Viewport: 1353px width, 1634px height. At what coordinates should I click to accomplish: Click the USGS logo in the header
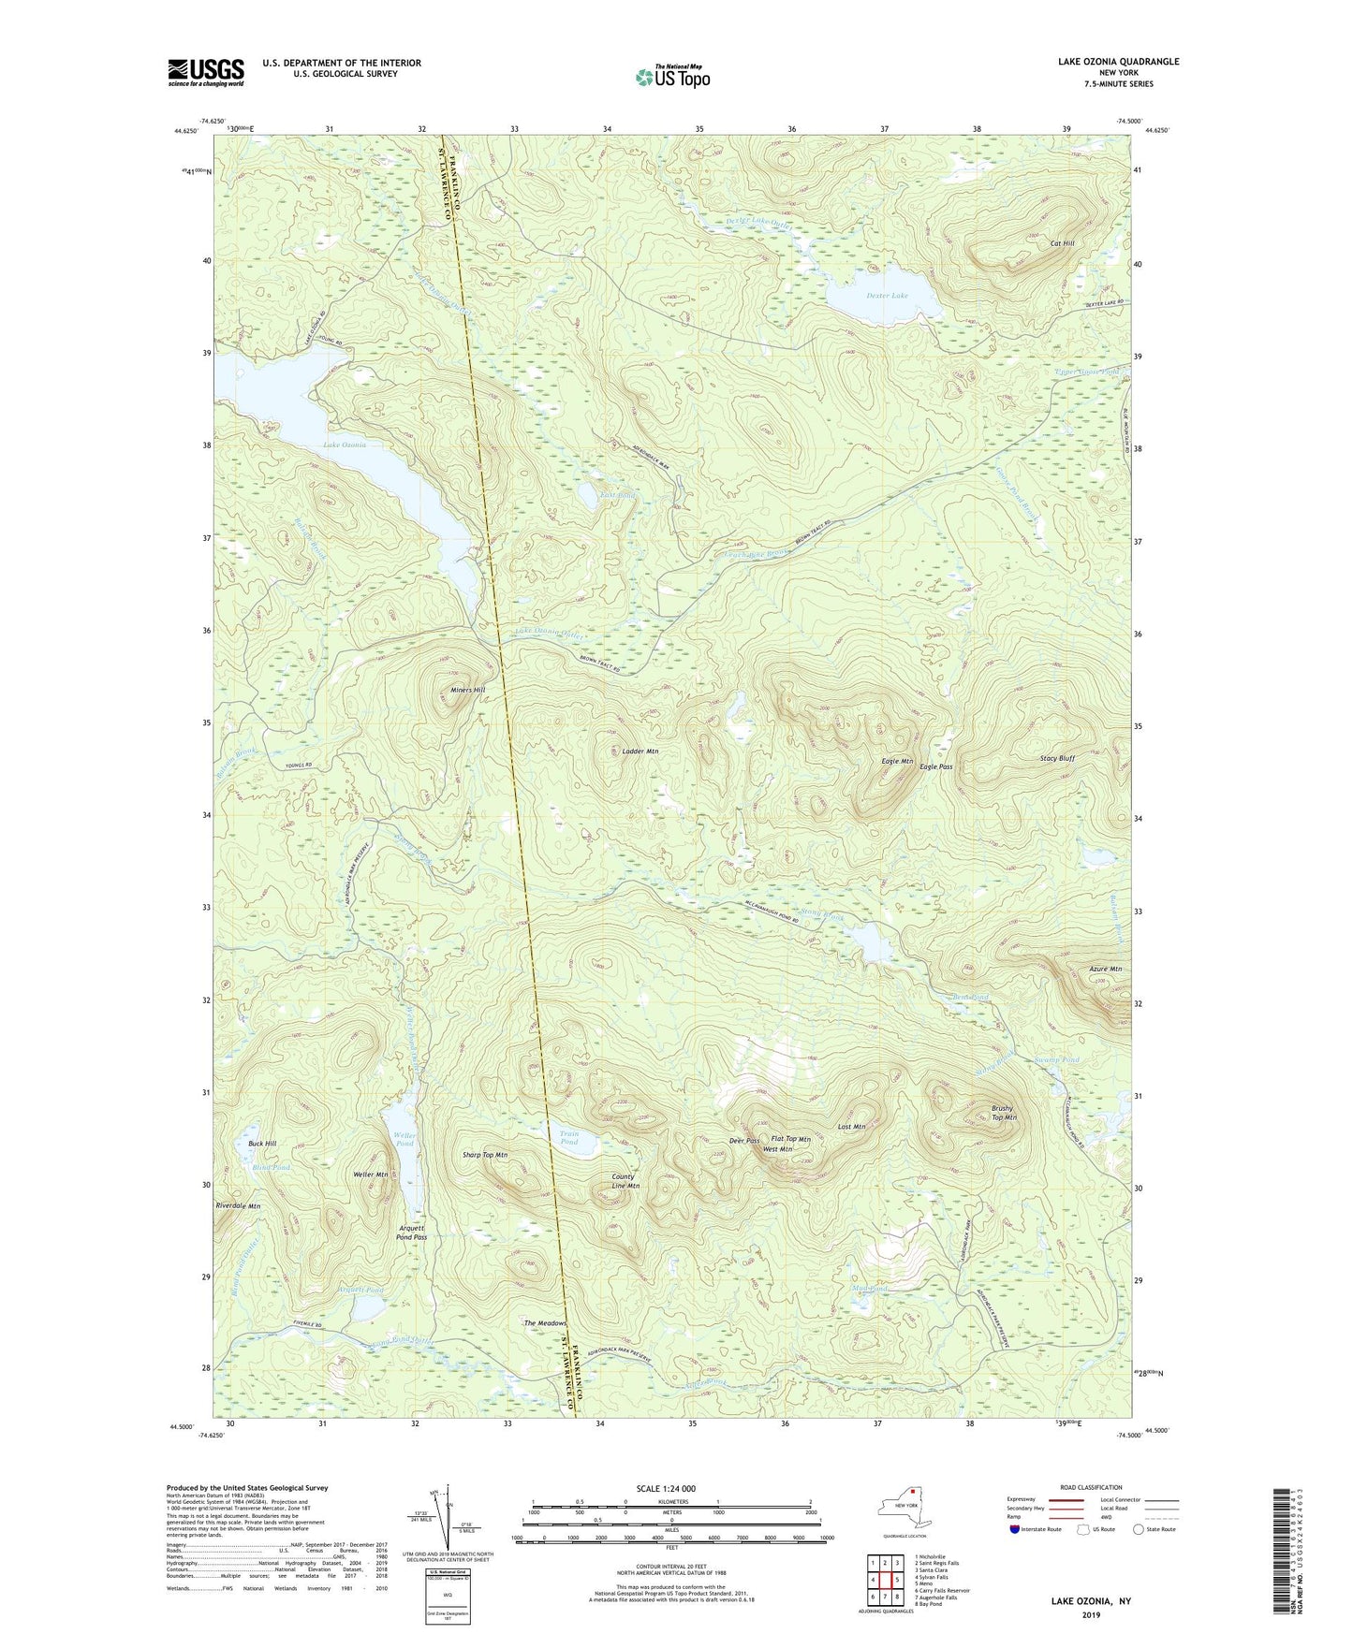[x=206, y=72]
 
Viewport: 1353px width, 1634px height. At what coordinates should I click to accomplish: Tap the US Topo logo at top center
[x=671, y=76]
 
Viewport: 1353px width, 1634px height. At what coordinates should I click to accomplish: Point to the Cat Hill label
[x=1062, y=243]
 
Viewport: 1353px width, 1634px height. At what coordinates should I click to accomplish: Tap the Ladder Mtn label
[x=640, y=751]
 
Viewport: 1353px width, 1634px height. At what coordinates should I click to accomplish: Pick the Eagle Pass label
[x=935, y=766]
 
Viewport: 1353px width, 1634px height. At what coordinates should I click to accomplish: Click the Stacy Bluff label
[x=1057, y=758]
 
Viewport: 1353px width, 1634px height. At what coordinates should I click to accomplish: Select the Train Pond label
[x=569, y=1138]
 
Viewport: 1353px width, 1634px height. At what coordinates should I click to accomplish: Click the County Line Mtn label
[x=625, y=1181]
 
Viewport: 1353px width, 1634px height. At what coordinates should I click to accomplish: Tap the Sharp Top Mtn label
[x=485, y=1155]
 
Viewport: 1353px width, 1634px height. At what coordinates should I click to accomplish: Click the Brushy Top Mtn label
[x=1004, y=1113]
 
